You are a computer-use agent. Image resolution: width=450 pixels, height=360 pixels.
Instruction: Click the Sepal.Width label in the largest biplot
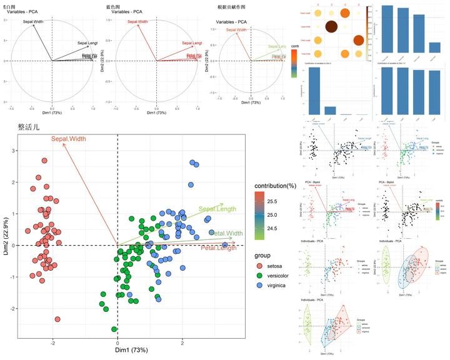(x=69, y=139)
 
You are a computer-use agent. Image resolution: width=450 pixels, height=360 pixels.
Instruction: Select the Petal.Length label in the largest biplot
(x=219, y=248)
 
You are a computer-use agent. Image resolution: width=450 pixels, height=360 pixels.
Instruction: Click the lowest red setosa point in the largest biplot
(x=57, y=319)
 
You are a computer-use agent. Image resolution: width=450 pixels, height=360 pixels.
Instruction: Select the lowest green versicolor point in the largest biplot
(x=114, y=329)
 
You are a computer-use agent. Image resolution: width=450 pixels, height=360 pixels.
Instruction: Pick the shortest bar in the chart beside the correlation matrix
(x=435, y=47)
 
